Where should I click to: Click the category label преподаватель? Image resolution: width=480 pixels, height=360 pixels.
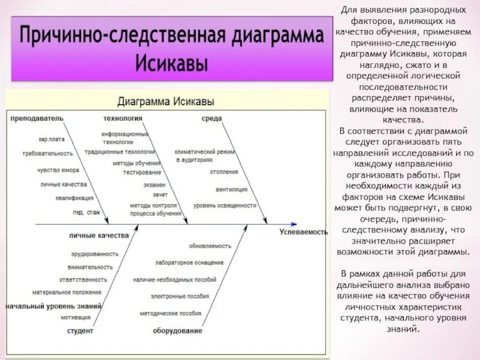click(x=36, y=118)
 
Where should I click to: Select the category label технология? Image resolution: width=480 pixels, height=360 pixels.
click(x=122, y=118)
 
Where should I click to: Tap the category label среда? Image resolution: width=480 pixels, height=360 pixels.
click(x=212, y=118)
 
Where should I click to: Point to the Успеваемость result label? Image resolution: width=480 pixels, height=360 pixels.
click(x=304, y=232)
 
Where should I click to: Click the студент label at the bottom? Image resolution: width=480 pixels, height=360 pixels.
click(x=80, y=331)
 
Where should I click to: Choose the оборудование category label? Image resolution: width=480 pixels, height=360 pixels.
click(x=177, y=331)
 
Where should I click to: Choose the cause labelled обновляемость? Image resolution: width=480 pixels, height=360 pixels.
click(x=210, y=245)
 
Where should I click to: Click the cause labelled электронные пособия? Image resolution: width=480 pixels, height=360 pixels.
click(x=188, y=296)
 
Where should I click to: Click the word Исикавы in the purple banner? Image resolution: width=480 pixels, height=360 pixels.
click(x=172, y=62)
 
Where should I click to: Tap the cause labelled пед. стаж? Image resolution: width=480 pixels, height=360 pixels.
click(x=87, y=212)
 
